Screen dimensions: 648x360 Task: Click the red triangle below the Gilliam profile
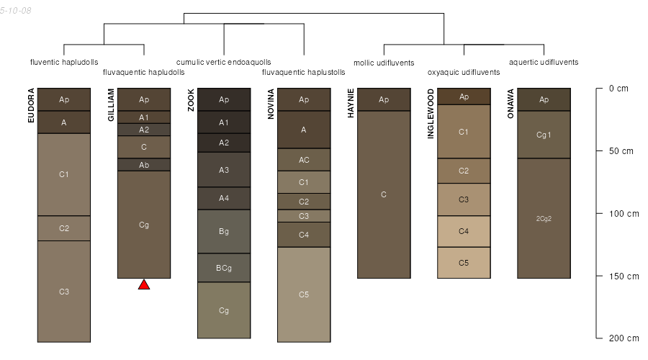[144, 285]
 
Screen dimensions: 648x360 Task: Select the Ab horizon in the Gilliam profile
[144, 164]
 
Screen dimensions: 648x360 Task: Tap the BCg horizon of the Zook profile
[224, 268]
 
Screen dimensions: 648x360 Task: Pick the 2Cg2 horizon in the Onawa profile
[544, 218]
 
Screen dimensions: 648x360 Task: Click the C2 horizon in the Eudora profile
[64, 228]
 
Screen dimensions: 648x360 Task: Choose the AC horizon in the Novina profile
[304, 160]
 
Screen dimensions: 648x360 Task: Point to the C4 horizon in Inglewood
[464, 231]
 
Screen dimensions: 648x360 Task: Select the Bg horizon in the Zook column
[224, 231]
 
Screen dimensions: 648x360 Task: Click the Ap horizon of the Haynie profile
[384, 99]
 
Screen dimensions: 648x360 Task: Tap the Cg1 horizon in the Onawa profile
[544, 135]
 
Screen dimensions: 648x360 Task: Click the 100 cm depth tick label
[624, 214]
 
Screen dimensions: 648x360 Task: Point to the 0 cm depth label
[618, 89]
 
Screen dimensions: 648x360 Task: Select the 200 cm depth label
[624, 338]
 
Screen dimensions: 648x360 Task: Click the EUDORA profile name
[31, 105]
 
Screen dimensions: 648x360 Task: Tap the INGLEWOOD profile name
[431, 114]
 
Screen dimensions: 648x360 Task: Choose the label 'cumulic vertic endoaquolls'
[224, 62]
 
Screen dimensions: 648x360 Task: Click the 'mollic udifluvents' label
[384, 63]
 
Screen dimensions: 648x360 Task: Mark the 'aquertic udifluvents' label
[544, 62]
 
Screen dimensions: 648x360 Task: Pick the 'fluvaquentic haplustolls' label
[303, 72]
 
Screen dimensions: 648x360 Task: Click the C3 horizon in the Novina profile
[304, 216]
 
